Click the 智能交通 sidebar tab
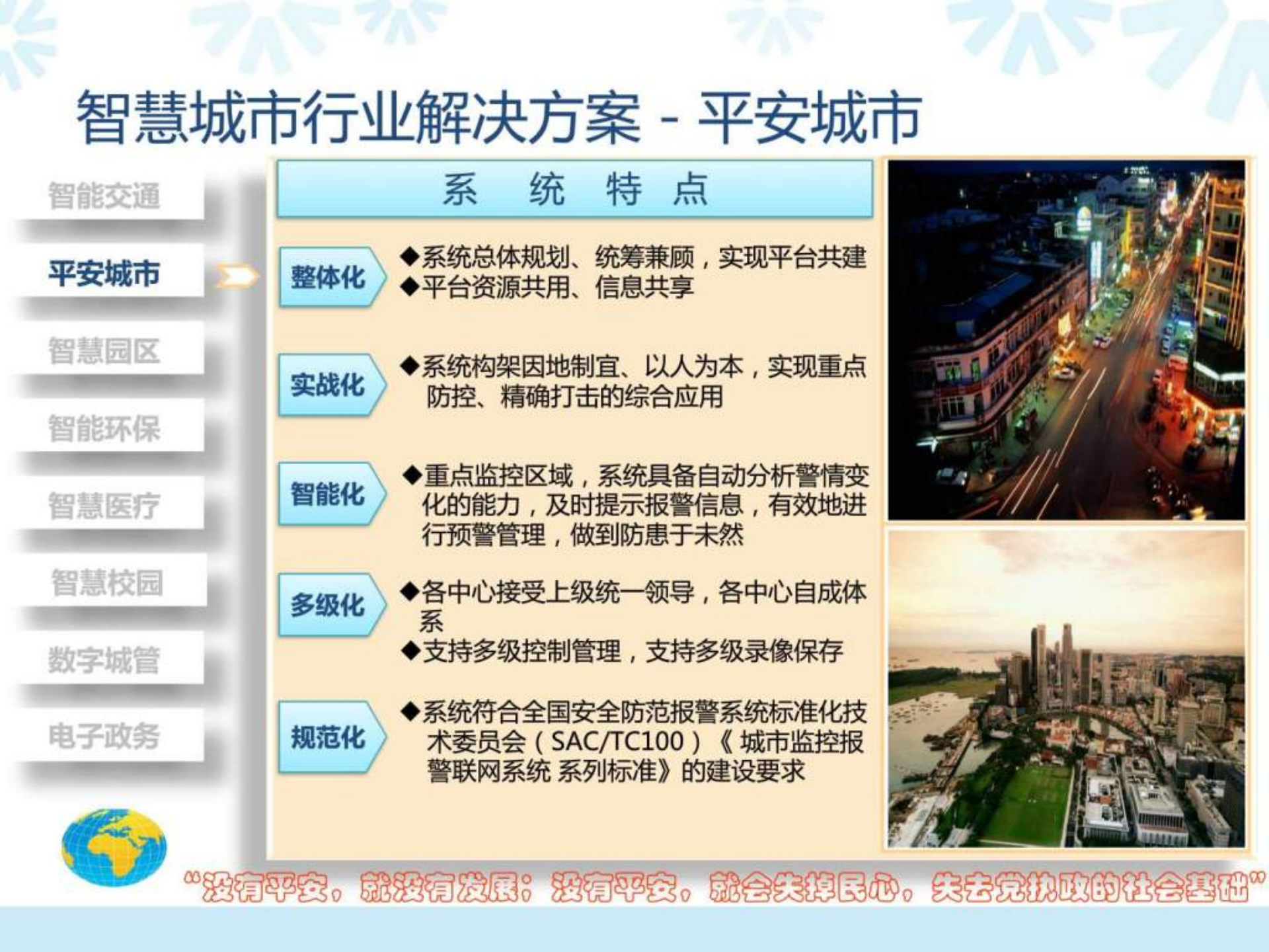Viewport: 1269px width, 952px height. click(x=104, y=196)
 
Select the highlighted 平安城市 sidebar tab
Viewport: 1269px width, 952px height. click(x=104, y=273)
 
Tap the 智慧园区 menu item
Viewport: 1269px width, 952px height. click(x=104, y=350)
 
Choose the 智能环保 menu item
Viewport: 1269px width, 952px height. click(x=104, y=428)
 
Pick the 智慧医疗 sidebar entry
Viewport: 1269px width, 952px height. click(x=104, y=506)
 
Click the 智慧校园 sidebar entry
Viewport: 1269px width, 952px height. click(x=107, y=583)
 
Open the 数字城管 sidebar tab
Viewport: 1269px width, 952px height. click(x=104, y=660)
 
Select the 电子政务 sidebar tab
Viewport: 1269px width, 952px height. click(x=104, y=736)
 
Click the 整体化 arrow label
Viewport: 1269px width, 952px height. click(x=328, y=277)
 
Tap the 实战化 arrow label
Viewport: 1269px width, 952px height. click(x=328, y=385)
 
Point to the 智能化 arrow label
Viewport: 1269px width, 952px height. click(x=328, y=494)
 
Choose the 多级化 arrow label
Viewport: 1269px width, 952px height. click(x=328, y=605)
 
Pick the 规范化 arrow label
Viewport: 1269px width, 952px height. click(x=328, y=737)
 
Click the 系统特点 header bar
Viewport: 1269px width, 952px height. click(x=574, y=189)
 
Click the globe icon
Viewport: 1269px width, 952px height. click(x=114, y=848)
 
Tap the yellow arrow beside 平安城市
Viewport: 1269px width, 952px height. click(x=237, y=276)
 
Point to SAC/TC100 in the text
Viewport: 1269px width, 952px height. click(x=616, y=742)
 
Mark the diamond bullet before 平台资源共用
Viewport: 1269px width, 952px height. click(x=410, y=287)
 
